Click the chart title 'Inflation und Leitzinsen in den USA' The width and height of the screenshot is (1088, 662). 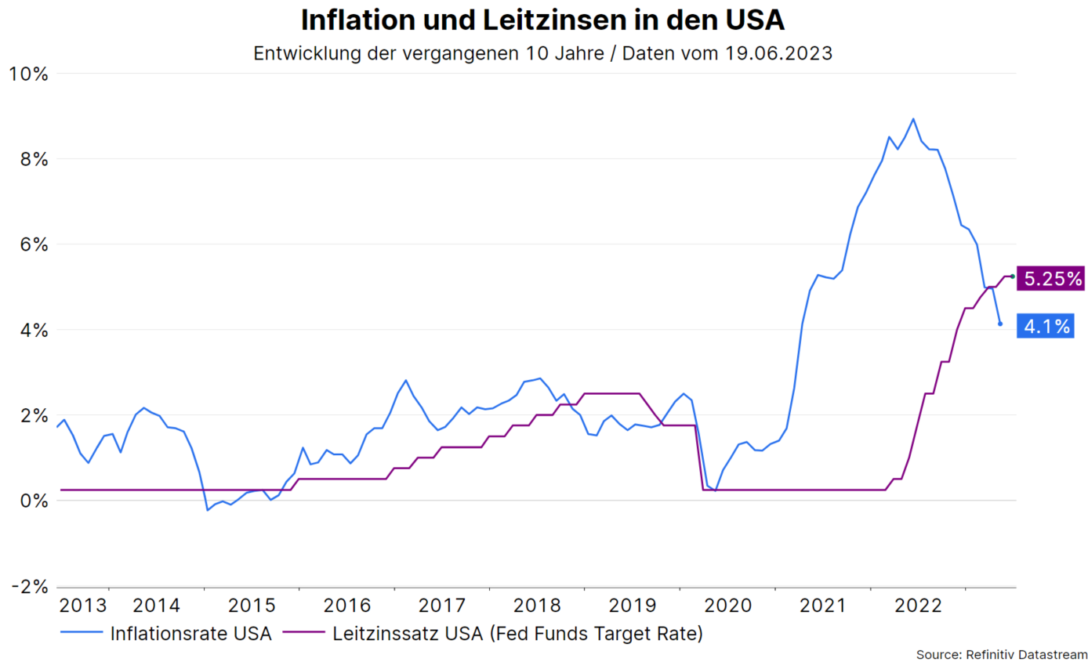tap(542, 20)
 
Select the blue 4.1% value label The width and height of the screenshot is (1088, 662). tap(1045, 326)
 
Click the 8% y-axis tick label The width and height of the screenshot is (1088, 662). tap(32, 160)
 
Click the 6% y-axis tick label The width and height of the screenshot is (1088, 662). tap(32, 245)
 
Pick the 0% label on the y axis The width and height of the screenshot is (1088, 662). tap(32, 501)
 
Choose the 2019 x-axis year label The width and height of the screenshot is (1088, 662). tap(631, 606)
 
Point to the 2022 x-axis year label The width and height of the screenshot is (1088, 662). tap(916, 606)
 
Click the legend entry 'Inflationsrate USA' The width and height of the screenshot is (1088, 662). tap(190, 633)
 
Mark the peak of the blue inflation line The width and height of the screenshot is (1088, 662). tap(912, 119)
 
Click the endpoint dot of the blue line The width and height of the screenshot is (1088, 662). tap(999, 324)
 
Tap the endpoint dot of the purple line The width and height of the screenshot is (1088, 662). tap(1012, 276)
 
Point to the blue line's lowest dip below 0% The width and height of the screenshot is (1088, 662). tap(208, 510)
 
